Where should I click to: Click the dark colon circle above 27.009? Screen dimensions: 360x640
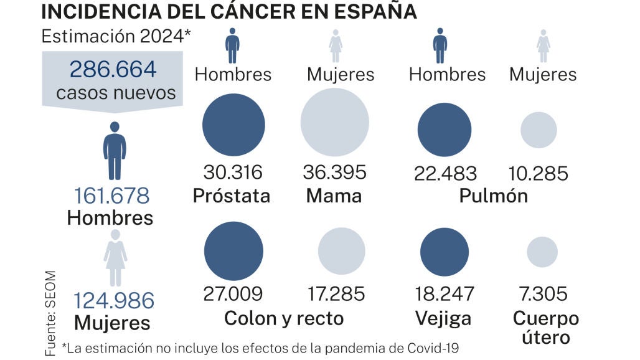click(x=234, y=252)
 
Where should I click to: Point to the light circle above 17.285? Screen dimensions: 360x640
click(x=342, y=252)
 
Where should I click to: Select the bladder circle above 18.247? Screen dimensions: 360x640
click(x=444, y=252)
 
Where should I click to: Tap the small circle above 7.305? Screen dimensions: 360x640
click(x=542, y=252)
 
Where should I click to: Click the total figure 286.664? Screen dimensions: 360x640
click(x=113, y=69)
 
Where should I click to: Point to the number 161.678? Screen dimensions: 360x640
click(x=112, y=196)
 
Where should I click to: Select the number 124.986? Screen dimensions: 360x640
click(x=114, y=301)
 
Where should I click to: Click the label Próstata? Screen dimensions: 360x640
click(x=232, y=196)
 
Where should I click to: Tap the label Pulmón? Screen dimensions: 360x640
click(x=493, y=196)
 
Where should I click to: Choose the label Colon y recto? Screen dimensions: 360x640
click(x=283, y=319)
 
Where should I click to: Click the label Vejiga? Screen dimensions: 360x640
click(x=443, y=319)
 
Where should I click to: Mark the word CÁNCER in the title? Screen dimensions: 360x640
click(x=266, y=11)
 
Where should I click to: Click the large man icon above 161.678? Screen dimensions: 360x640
click(x=115, y=151)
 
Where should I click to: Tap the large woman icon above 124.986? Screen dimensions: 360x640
click(x=115, y=257)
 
